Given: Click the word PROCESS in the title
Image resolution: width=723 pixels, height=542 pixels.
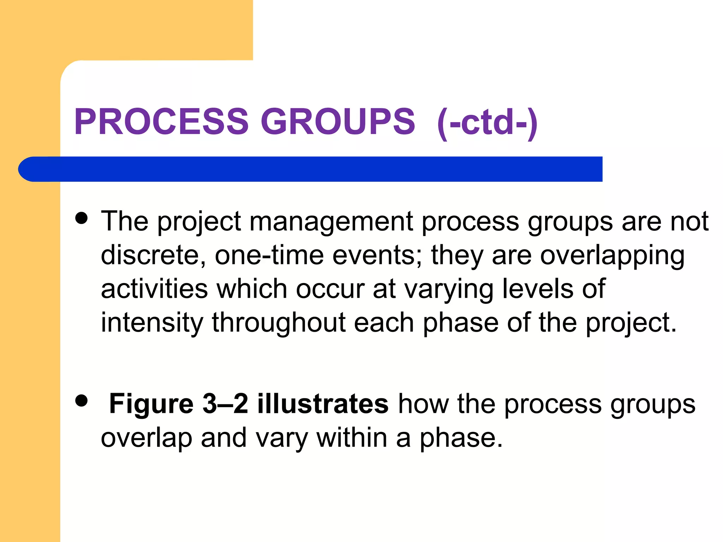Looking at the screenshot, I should [161, 121].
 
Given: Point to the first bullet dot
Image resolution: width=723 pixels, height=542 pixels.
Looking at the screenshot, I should [82, 218].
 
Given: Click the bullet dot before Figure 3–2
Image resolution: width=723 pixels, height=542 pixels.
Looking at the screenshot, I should [82, 401].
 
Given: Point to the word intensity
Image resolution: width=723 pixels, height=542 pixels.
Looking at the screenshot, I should [152, 323].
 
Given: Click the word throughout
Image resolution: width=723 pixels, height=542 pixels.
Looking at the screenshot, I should [279, 323].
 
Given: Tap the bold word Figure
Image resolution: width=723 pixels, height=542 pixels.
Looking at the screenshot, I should [151, 404].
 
